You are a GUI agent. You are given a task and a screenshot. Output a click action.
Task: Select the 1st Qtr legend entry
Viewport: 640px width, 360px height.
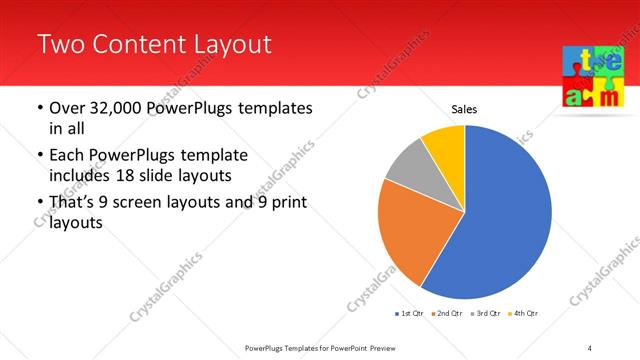coord(411,314)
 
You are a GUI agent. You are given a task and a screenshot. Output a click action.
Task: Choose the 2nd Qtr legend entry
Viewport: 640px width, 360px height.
coord(446,314)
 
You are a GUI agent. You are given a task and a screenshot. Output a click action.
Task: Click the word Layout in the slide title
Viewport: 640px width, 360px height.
coord(228,44)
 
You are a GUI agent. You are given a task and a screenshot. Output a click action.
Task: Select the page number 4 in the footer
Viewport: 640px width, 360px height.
coord(590,347)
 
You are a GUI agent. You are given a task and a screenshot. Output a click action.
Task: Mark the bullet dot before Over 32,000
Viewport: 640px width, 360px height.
coord(39,108)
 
